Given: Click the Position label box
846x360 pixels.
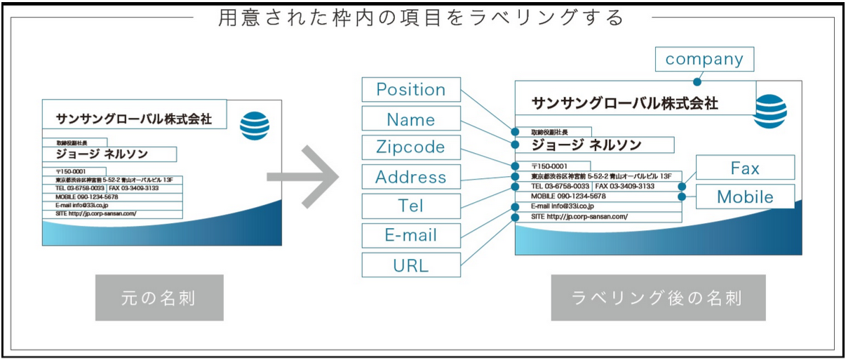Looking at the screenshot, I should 411,90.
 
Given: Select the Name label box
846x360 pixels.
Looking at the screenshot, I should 411,119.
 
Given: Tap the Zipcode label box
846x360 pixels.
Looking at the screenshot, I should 411,147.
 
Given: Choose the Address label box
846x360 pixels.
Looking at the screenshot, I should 411,177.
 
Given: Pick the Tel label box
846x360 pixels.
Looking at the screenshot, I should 411,206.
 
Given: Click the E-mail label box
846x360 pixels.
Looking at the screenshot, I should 411,236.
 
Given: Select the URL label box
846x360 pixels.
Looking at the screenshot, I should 411,265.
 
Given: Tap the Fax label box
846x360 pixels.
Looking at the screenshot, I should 745,168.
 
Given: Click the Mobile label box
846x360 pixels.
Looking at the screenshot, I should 745,197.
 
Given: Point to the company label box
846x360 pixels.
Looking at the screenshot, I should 704,60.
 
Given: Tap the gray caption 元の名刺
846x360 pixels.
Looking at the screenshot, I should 159,298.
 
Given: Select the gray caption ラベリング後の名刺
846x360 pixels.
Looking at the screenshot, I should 657,298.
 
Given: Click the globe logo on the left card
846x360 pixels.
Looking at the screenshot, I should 255,126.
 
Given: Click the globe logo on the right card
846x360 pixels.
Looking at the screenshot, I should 770,111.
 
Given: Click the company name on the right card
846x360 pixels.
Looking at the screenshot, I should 624,104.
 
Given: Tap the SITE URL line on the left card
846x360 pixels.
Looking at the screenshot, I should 96,213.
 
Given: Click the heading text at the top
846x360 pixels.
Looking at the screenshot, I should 421,17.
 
